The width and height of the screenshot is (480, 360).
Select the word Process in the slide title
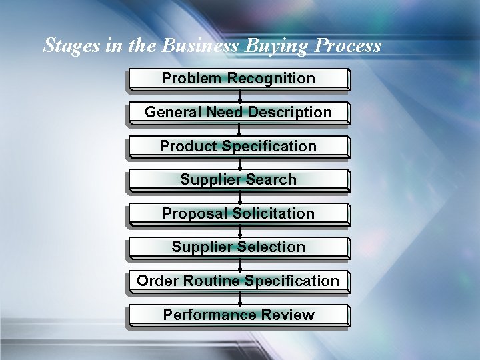[x=348, y=45]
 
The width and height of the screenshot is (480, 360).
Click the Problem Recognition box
[x=239, y=79]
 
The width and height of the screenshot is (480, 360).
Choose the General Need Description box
[x=239, y=112]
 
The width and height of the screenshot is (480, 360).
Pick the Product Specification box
[x=239, y=146]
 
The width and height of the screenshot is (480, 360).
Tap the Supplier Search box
[x=239, y=179]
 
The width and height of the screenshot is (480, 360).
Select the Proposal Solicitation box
[x=239, y=213]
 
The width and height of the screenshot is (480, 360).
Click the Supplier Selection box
[x=239, y=247]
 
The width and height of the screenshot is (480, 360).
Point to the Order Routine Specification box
[x=239, y=281]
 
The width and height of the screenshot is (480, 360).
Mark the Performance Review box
[x=239, y=315]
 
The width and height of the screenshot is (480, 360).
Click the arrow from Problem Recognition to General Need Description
[x=239, y=96]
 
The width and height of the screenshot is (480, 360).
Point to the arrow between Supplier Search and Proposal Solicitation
[x=239, y=197]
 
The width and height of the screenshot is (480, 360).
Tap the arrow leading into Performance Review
[x=239, y=299]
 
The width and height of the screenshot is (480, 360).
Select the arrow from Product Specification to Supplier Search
[x=239, y=163]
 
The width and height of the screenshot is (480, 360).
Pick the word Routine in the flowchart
[x=211, y=281]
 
